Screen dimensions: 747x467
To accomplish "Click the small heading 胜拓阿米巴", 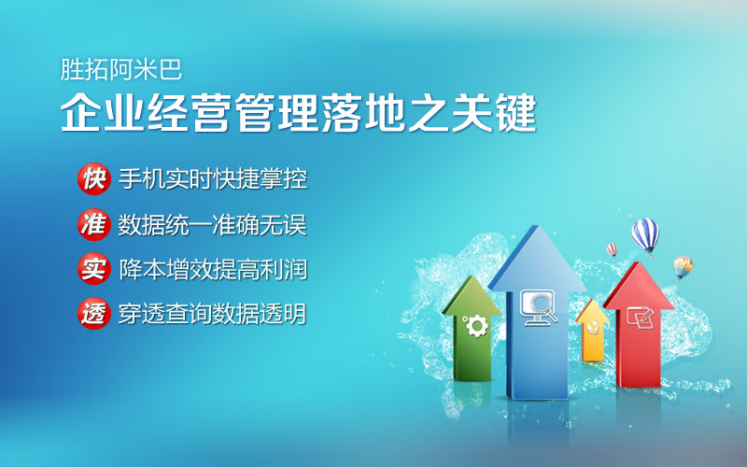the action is pyautogui.click(x=121, y=70).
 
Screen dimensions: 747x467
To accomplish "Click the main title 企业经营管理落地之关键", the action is pyautogui.click(x=299, y=113).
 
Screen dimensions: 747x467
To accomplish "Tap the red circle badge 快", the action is pyautogui.click(x=94, y=178).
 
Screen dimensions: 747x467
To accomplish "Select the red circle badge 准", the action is pyautogui.click(x=94, y=224).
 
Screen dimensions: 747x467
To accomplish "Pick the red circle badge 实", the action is pyautogui.click(x=94, y=269).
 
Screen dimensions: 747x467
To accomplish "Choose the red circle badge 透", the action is pyautogui.click(x=94, y=314).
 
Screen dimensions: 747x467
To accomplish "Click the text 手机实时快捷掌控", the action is pyautogui.click(x=213, y=178).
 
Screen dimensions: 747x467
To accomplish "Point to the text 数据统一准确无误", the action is pyautogui.click(x=213, y=224).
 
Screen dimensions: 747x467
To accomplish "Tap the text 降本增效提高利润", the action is pyautogui.click(x=213, y=269).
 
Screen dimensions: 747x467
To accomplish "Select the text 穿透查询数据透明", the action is pyautogui.click(x=213, y=314).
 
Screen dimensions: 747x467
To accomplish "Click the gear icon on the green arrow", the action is pyautogui.click(x=476, y=326).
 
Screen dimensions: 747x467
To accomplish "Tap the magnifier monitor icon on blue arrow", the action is pyautogui.click(x=539, y=307).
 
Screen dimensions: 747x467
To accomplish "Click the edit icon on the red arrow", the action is pyautogui.click(x=640, y=316).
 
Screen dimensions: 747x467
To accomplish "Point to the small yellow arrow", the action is pyautogui.click(x=592, y=331).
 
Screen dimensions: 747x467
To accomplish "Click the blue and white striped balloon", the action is pyautogui.click(x=645, y=236).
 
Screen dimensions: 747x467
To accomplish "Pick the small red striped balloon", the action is pyautogui.click(x=612, y=249).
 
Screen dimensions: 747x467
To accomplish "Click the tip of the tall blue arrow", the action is pyautogui.click(x=537, y=226).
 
